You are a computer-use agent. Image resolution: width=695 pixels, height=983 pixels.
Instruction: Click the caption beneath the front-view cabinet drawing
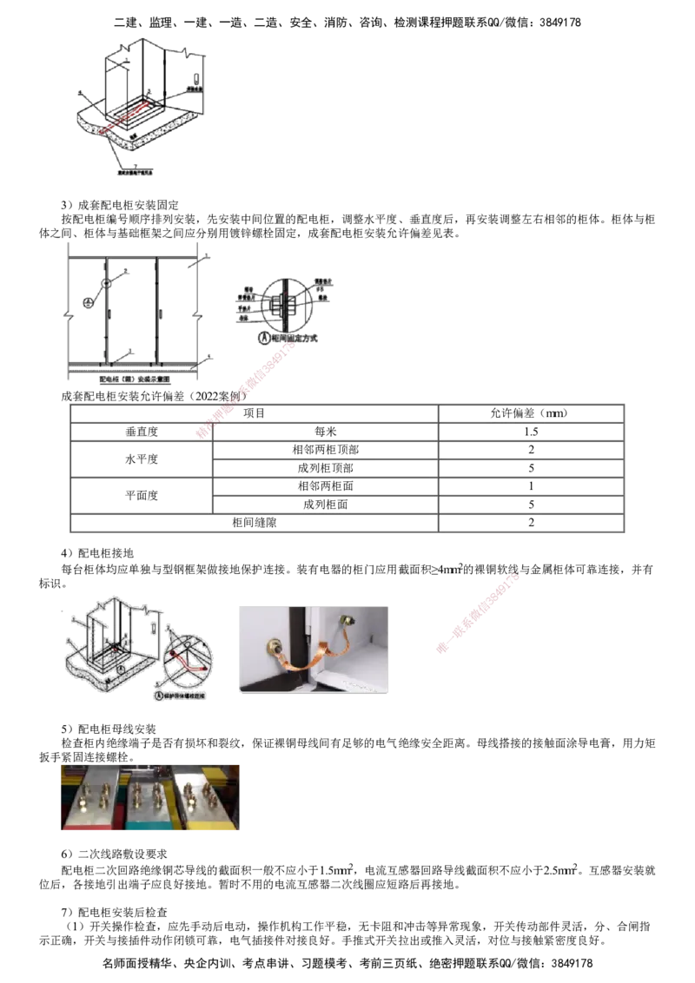[132, 379]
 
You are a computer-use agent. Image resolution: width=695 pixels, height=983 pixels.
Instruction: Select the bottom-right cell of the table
[530, 522]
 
